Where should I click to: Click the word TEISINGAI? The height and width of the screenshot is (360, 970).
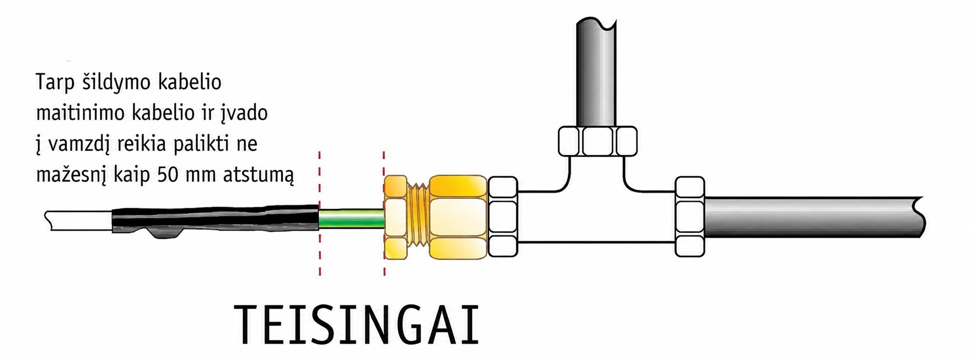(356, 326)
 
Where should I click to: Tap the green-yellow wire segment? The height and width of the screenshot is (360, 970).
(352, 219)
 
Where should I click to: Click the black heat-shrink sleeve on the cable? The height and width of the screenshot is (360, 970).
(215, 220)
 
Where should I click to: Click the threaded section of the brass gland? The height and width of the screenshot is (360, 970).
(419, 218)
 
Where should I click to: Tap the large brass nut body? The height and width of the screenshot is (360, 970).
(459, 217)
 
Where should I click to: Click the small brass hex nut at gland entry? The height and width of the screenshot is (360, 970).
(395, 217)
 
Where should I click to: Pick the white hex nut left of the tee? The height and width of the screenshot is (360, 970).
(503, 217)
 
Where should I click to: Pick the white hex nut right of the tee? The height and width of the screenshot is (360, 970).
(690, 217)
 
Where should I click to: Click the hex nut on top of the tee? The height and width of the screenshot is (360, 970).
(598, 141)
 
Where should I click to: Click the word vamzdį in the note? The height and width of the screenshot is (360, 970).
(77, 145)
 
